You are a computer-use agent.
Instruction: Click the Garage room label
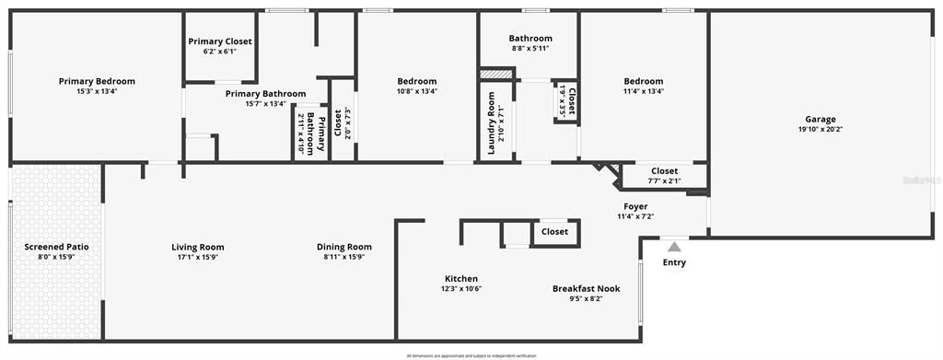821,119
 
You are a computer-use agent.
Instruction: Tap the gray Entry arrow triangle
674,247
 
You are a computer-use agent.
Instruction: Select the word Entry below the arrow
674,262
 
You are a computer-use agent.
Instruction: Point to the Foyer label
635,206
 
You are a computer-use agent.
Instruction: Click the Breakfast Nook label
586,288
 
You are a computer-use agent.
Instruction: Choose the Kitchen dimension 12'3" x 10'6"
461,289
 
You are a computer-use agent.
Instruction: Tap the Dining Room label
344,247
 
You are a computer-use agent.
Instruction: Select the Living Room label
198,247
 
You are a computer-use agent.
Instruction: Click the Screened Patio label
56,247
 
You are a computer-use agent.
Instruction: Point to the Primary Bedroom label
97,81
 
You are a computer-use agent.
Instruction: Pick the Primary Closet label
220,41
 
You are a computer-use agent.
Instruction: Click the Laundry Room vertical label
491,122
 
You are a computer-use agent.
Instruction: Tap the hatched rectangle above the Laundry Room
495,74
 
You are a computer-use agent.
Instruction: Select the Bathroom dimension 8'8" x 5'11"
530,49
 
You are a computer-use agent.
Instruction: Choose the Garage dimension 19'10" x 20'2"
821,130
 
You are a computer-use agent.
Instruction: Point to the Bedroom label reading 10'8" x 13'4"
417,81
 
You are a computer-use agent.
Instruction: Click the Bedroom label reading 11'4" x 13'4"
643,81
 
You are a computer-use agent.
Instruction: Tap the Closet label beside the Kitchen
554,232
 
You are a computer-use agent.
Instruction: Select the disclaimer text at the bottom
471,355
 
